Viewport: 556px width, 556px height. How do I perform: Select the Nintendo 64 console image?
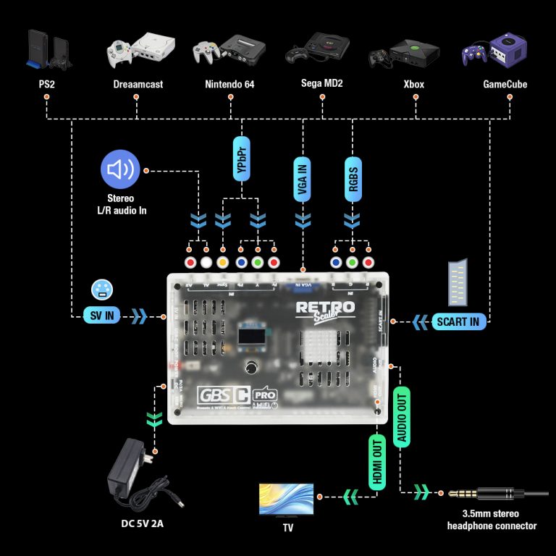pos(228,51)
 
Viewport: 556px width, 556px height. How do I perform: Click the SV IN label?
pos(100,315)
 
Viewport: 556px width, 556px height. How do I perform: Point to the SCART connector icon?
pos(458,282)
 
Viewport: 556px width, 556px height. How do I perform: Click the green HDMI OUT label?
pos(376,463)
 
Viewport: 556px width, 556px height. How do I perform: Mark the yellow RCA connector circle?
pos(223,262)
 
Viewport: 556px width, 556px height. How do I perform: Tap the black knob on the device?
pos(253,366)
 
